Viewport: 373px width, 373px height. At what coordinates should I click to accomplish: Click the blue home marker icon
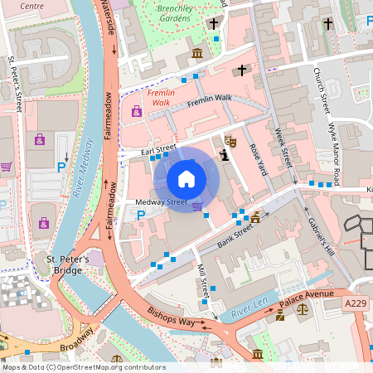pyautogui.click(x=186, y=178)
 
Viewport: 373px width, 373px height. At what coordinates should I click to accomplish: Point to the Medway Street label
pyautogui.click(x=162, y=202)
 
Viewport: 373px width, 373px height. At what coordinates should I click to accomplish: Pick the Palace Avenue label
pyautogui.click(x=306, y=294)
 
